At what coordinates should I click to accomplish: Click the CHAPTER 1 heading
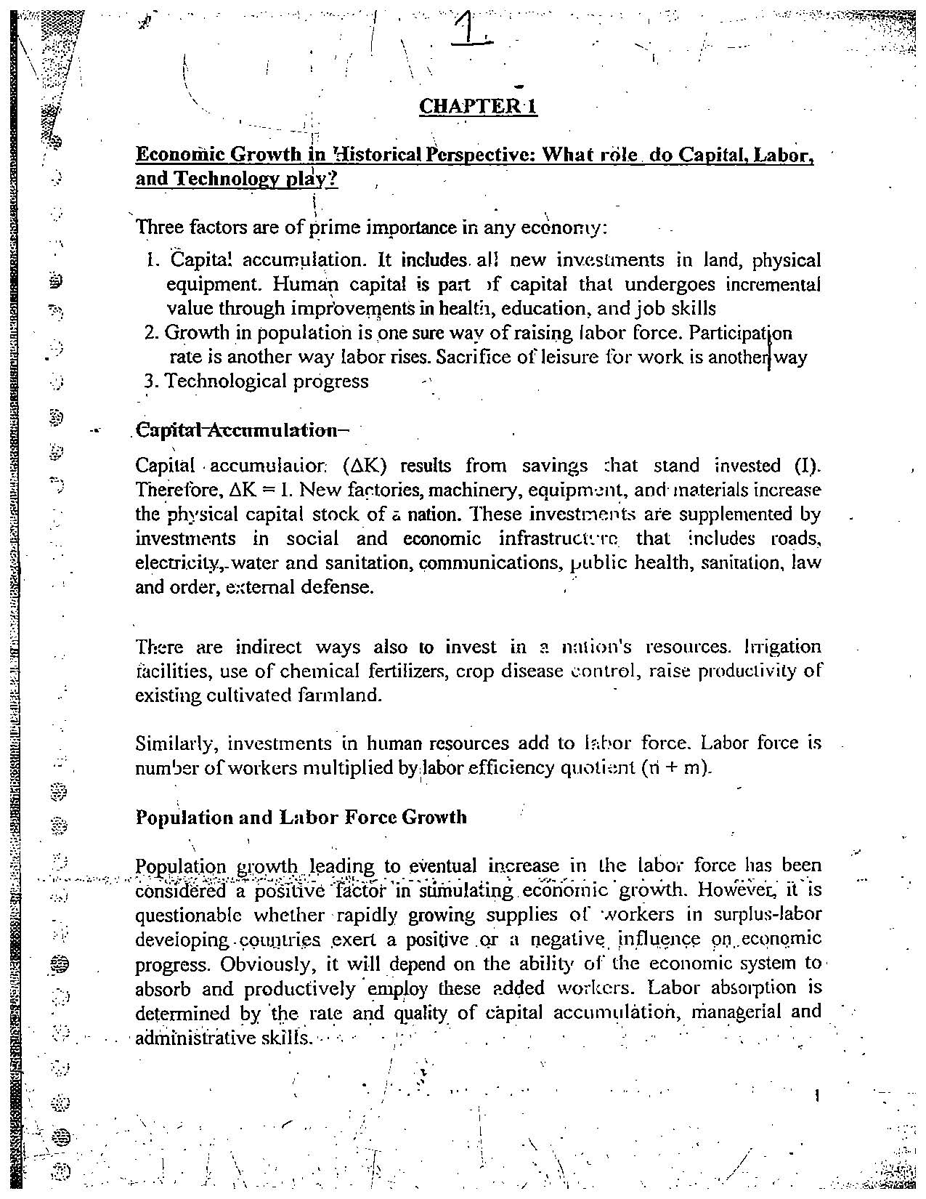479,107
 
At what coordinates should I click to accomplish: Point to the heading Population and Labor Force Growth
301,817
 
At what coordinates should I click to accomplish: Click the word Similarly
176,743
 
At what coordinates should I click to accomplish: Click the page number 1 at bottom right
818,1095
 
